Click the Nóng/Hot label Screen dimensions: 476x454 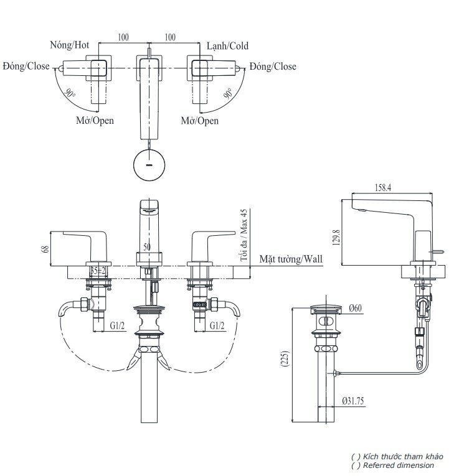[70, 45]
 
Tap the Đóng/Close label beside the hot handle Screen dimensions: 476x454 [26, 66]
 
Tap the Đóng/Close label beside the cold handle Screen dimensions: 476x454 [273, 66]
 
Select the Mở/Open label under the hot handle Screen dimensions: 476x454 [95, 121]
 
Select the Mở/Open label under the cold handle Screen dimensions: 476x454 [200, 121]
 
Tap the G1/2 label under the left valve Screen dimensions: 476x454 [118, 325]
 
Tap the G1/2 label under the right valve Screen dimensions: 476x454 [217, 325]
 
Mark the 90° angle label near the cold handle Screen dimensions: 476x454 [229, 95]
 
